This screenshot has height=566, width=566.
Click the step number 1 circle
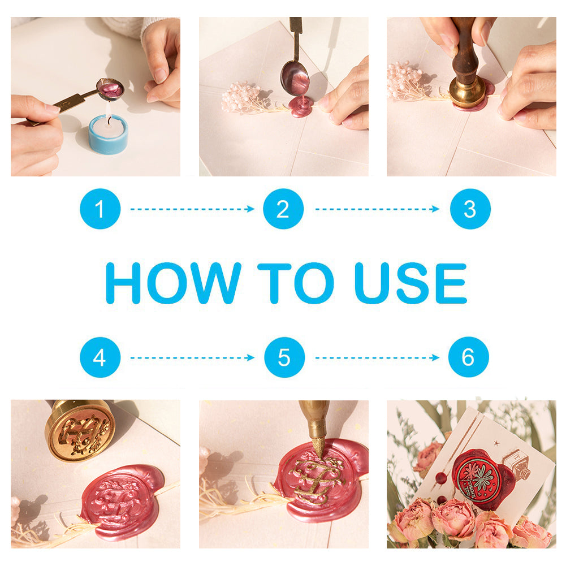(100, 209)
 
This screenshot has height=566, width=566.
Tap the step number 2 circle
(283, 209)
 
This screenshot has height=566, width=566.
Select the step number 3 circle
(470, 209)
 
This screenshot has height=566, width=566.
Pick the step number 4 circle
(100, 357)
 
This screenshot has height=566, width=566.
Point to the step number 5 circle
(284, 357)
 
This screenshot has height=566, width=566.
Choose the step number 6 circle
(469, 357)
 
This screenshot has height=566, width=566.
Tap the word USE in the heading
(411, 283)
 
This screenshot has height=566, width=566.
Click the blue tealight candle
(109, 133)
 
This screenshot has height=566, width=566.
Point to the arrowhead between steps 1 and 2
(250, 209)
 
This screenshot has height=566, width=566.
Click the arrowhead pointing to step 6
(435, 357)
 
